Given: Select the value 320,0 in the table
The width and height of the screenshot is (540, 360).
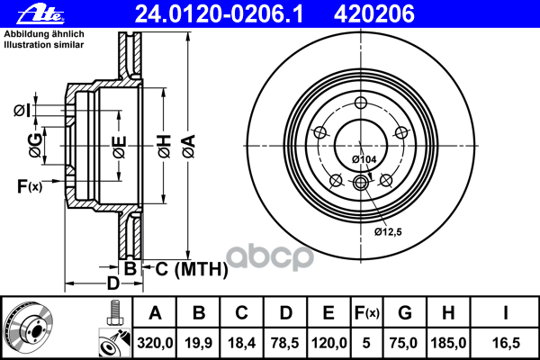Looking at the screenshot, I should click(155, 341).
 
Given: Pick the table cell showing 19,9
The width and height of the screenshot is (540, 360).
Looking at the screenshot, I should click(200, 341).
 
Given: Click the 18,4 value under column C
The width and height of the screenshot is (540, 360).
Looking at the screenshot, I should click(242, 341).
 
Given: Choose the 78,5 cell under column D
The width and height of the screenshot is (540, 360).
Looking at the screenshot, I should click(285, 341).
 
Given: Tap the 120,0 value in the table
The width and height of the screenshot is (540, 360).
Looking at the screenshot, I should click(328, 341).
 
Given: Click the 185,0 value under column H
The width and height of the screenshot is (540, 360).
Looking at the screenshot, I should click(449, 341).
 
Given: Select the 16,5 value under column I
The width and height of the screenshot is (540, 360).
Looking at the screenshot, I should click(506, 341).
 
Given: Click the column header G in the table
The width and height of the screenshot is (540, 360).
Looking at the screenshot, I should click(405, 313).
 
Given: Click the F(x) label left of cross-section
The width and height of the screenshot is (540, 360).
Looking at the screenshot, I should click(29, 187).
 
